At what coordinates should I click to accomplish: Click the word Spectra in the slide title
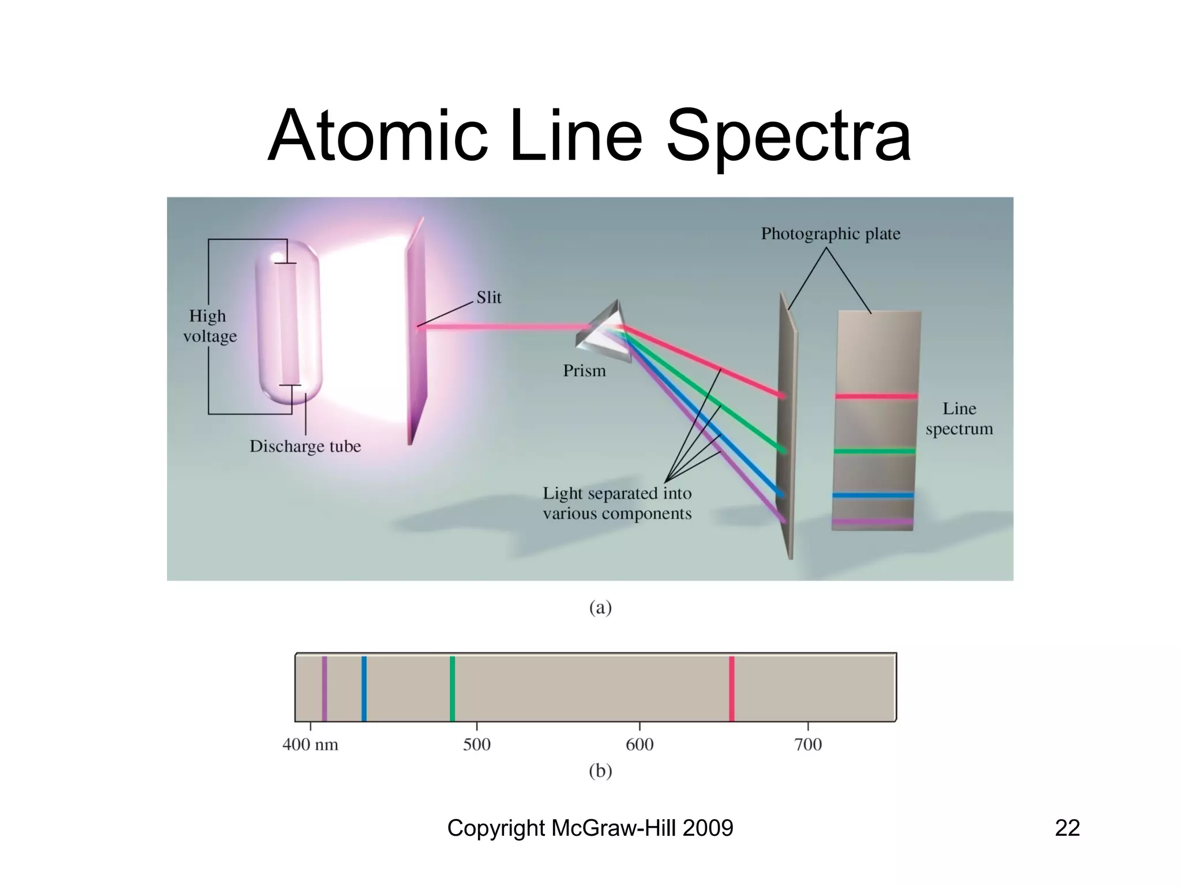(x=788, y=136)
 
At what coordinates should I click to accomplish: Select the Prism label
(x=584, y=370)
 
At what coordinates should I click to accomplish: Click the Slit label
(x=488, y=298)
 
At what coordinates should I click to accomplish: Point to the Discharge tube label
(x=305, y=446)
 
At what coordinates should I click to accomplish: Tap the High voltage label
(x=209, y=326)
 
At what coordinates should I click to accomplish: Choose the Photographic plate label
(x=830, y=234)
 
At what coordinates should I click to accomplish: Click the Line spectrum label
(x=959, y=419)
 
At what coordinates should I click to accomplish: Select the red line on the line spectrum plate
(x=876, y=396)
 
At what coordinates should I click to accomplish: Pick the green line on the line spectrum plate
(x=874, y=450)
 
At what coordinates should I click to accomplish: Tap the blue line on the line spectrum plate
(x=872, y=495)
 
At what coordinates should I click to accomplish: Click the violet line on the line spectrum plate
(x=872, y=521)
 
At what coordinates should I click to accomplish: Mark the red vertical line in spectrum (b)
(x=732, y=688)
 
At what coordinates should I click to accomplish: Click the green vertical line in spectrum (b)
(x=452, y=688)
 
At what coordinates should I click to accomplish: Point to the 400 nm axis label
(x=310, y=745)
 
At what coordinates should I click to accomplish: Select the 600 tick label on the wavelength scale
(x=640, y=745)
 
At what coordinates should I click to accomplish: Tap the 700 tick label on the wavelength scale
(x=808, y=745)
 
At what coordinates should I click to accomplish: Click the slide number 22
(x=1067, y=828)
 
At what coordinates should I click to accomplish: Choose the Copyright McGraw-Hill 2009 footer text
(x=590, y=828)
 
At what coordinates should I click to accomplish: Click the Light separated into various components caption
(x=617, y=503)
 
